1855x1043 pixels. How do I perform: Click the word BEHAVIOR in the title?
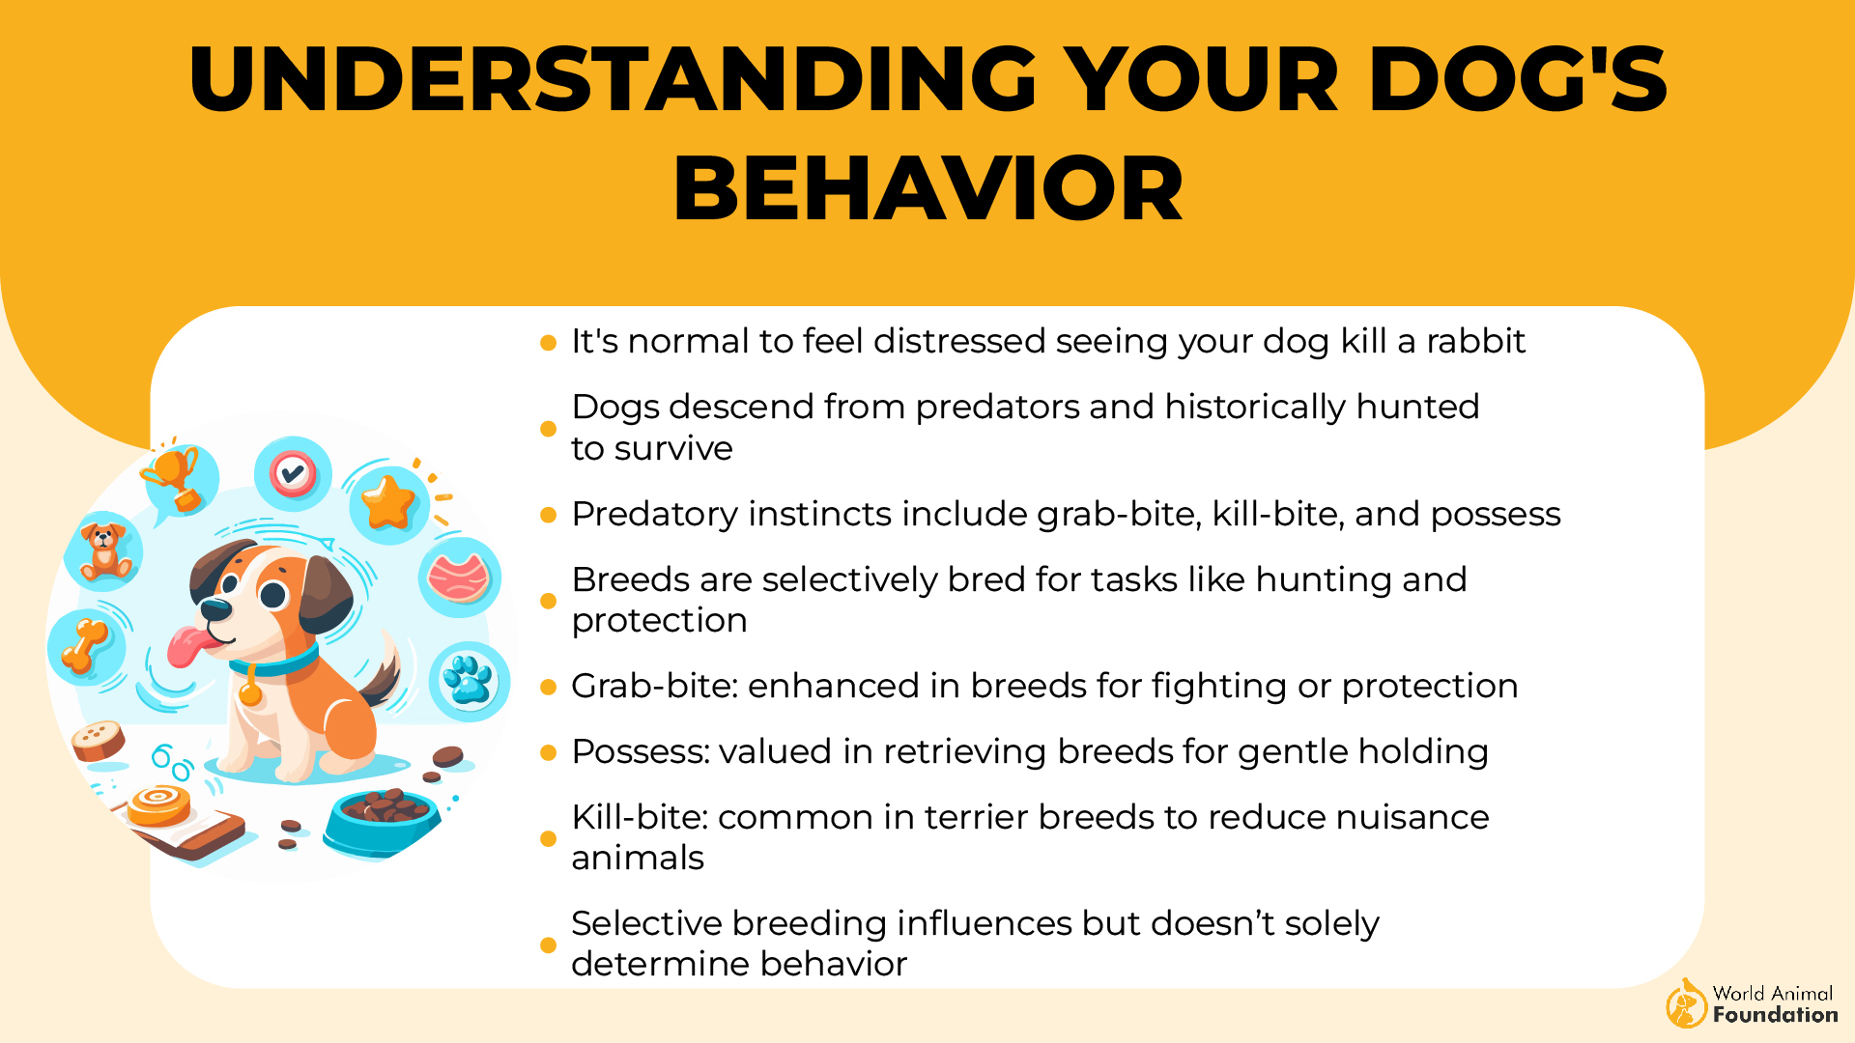pyautogui.click(x=927, y=189)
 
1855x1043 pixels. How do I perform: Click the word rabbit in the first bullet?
pyautogui.click(x=1475, y=342)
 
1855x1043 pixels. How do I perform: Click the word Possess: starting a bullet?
pyautogui.click(x=640, y=752)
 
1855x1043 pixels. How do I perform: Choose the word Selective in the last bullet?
pyautogui.click(x=646, y=924)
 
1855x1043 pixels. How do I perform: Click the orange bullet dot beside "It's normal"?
pyautogui.click(x=548, y=343)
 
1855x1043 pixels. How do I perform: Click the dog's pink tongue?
pyautogui.click(x=186, y=646)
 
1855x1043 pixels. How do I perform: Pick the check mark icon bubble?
pyautogui.click(x=293, y=473)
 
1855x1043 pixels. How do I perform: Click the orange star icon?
pyautogui.click(x=388, y=502)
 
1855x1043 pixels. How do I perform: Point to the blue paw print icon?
pyautogui.click(x=469, y=680)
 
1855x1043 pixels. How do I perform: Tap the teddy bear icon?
pyautogui.click(x=103, y=551)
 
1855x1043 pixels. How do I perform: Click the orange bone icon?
pyautogui.click(x=86, y=645)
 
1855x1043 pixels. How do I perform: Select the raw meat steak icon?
pyautogui.click(x=459, y=578)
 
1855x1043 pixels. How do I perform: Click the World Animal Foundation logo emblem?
pyautogui.click(x=1686, y=1004)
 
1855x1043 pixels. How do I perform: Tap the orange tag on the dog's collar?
pyautogui.click(x=250, y=691)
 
